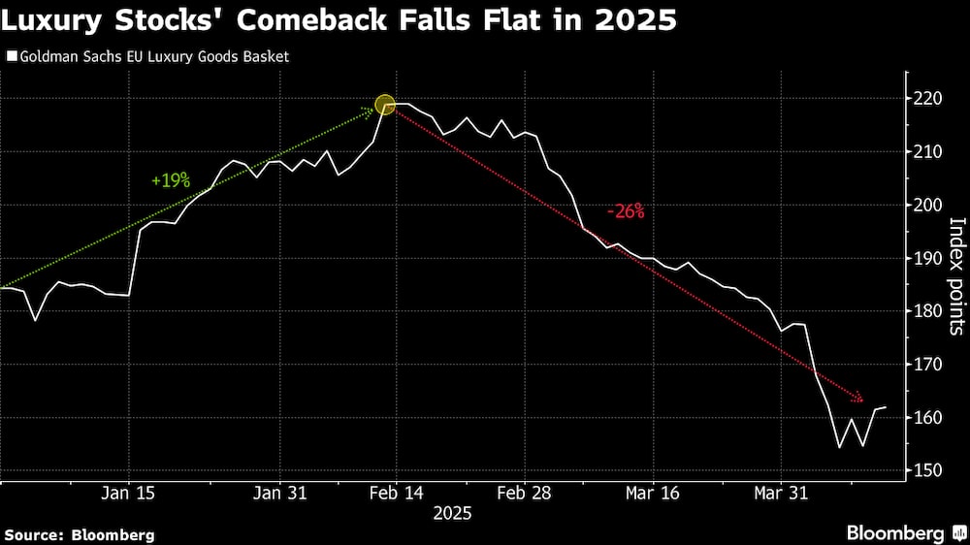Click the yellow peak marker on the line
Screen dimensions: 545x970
[385, 105]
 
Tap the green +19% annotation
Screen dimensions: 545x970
[171, 180]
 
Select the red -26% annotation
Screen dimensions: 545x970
[625, 212]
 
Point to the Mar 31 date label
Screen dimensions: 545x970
[783, 493]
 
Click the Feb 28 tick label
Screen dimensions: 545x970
[525, 493]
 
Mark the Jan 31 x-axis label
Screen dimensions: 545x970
[280, 493]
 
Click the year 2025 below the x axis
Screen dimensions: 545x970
[452, 514]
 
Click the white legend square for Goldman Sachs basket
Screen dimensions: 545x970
[11, 56]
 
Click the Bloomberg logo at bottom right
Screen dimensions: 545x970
[903, 532]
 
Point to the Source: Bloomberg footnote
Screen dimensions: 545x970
[80, 534]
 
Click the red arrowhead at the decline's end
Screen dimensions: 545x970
[858, 399]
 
